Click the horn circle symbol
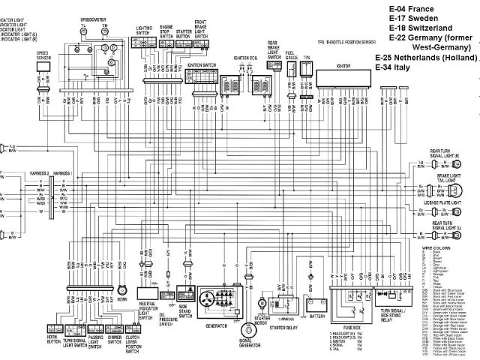coord(122,289)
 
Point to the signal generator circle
coord(244,331)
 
